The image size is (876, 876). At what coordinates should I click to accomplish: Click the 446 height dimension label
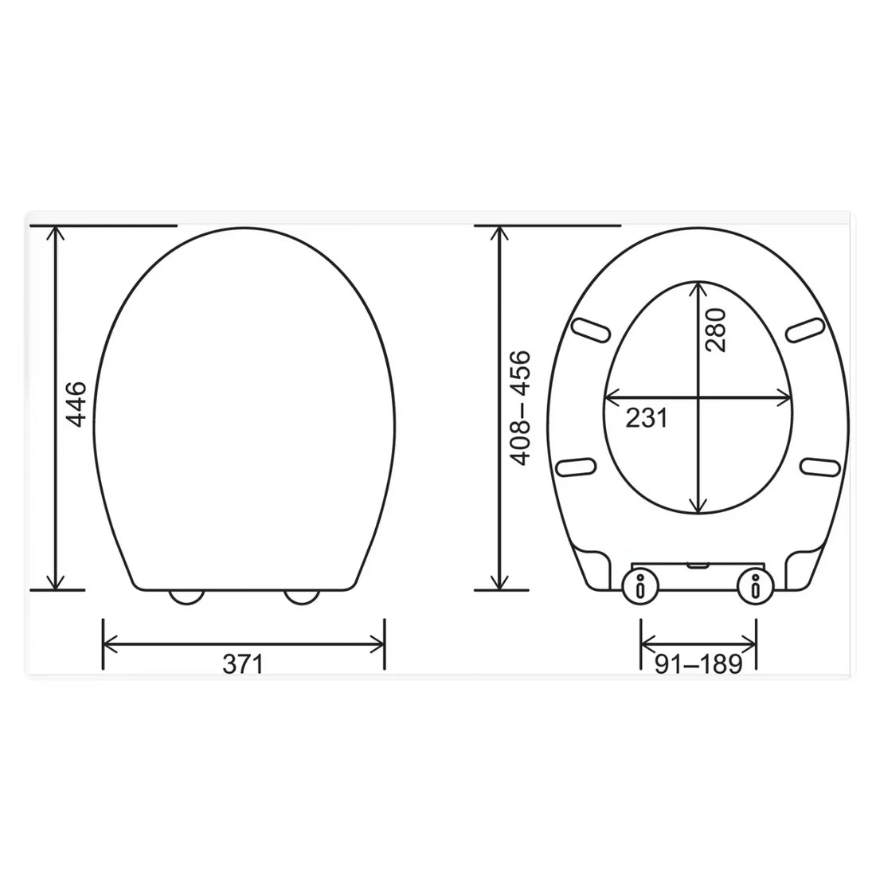(76, 405)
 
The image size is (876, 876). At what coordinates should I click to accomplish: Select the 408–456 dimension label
(520, 408)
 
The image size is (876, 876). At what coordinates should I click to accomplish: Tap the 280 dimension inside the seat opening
(716, 330)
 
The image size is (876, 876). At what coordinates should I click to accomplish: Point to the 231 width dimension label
(646, 416)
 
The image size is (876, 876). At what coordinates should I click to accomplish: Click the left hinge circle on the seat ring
(640, 587)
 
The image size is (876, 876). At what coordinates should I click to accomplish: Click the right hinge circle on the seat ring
(755, 587)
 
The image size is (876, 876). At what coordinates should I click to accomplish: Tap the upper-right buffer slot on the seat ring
(806, 329)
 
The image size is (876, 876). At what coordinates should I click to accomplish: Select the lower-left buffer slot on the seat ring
(577, 466)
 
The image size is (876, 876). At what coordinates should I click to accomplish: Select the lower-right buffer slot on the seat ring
(821, 466)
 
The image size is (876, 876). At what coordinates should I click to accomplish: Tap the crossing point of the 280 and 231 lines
(699, 397)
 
